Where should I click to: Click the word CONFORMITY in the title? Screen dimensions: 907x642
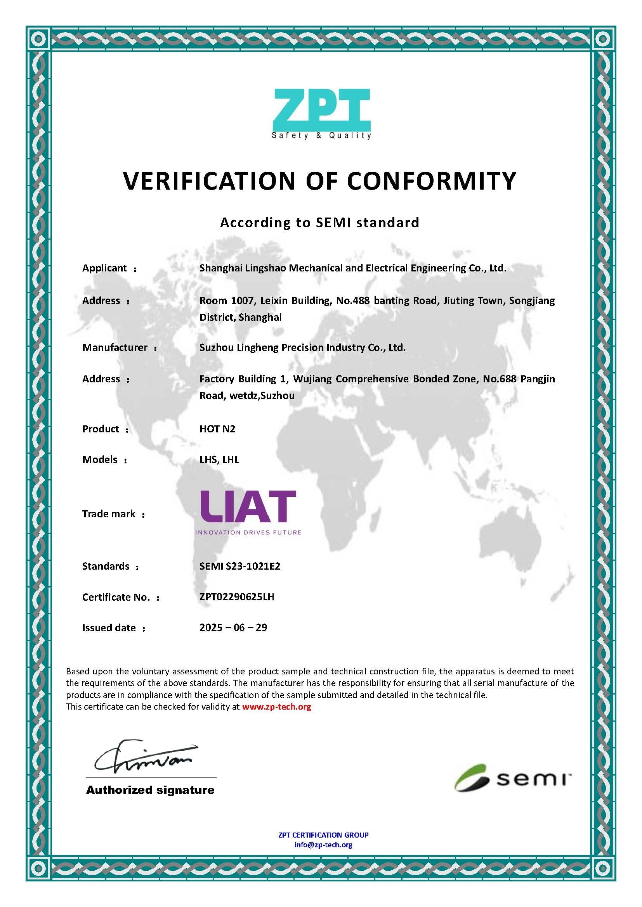click(431, 181)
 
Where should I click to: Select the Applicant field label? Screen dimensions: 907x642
click(104, 268)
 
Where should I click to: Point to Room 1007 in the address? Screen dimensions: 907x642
click(227, 301)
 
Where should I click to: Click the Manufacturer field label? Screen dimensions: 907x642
click(115, 347)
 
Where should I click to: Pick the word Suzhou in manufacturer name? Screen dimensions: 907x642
click(213, 347)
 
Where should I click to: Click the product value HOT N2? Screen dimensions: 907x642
click(217, 429)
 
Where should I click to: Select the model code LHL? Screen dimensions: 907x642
click(231, 460)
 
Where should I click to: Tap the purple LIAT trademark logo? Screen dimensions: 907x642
click(248, 507)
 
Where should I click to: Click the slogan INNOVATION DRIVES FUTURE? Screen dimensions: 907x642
click(248, 532)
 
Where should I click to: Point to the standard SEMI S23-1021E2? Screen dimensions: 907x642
click(239, 566)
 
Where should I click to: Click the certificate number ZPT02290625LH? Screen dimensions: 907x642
click(236, 597)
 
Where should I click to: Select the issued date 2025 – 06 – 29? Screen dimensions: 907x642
click(233, 628)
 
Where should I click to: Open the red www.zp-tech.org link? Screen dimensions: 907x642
click(276, 707)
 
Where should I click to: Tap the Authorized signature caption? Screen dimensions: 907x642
click(150, 790)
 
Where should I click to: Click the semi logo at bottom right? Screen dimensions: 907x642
click(512, 778)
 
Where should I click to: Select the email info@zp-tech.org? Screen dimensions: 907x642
click(323, 845)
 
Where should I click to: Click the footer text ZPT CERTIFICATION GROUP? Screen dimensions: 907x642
click(323, 835)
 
